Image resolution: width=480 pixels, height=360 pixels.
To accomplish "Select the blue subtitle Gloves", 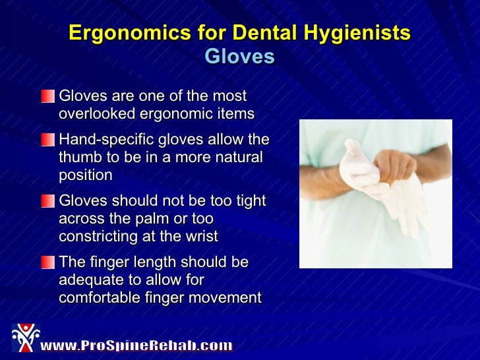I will [239, 57].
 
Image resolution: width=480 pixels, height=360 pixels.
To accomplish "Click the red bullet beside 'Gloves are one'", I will [47, 96].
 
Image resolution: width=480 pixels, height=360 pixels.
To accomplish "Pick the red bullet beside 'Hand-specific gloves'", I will [47, 140].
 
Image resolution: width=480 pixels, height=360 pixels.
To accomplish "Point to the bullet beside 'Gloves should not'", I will [47, 201].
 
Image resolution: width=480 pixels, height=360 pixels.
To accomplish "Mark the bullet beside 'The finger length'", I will [47, 262].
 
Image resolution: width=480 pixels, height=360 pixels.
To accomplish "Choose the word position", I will [85, 175].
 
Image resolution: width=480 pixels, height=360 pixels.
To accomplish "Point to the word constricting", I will [96, 236].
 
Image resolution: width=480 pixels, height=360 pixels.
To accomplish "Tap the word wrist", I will [200, 236].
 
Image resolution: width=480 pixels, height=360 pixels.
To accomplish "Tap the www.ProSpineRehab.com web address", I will [136, 345].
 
